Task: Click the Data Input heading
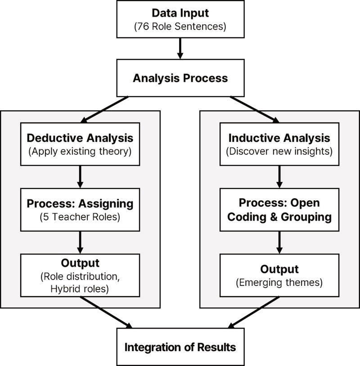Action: click(x=180, y=13)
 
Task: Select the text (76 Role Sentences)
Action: click(x=180, y=27)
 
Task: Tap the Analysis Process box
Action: click(x=180, y=78)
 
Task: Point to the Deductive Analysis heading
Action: click(x=79, y=137)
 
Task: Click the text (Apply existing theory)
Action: click(x=79, y=151)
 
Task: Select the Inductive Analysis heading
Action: click(x=280, y=137)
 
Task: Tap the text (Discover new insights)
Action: click(x=280, y=151)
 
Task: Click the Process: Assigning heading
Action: click(x=79, y=203)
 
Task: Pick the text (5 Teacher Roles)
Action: click(x=79, y=217)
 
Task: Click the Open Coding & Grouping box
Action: click(x=280, y=209)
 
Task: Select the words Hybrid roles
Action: click(x=79, y=289)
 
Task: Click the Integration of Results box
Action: click(x=180, y=347)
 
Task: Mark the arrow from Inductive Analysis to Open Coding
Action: click(x=280, y=176)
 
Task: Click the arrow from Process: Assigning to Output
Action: click(x=79, y=243)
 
